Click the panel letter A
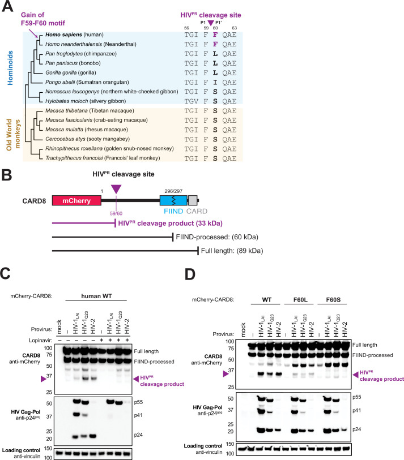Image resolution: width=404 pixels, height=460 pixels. (7, 7)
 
